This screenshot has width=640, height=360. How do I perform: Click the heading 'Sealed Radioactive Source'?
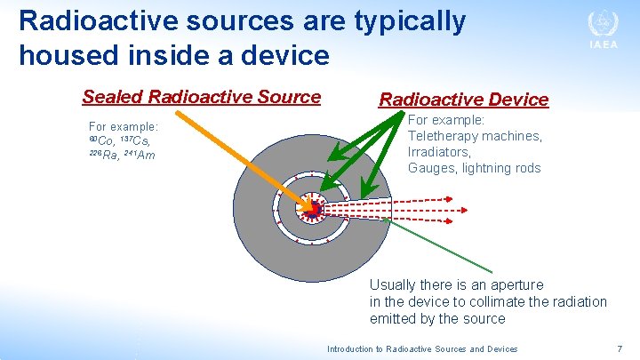pyautogui.click(x=201, y=97)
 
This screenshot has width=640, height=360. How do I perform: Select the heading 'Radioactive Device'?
pyautogui.click(x=463, y=100)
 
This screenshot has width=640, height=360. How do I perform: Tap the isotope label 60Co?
pyautogui.click(x=101, y=141)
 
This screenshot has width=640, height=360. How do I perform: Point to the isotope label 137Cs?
pyautogui.click(x=139, y=141)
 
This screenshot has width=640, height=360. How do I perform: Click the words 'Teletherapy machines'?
pyautogui.click(x=475, y=136)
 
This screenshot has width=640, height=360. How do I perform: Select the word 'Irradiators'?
pyautogui.click(x=439, y=152)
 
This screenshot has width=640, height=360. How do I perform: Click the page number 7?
pyautogui.click(x=620, y=348)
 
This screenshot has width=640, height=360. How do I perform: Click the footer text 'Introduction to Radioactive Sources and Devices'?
pyautogui.click(x=422, y=349)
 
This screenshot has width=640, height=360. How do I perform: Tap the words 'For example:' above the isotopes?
pyautogui.click(x=124, y=126)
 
